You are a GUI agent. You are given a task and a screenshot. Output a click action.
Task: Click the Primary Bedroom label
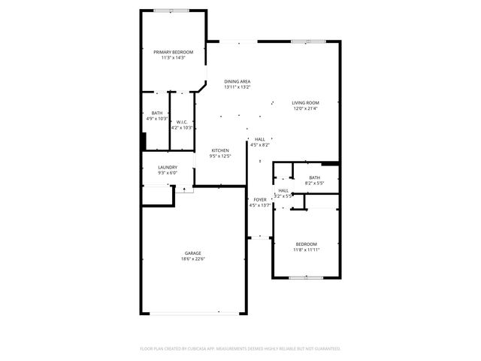tap(174, 52)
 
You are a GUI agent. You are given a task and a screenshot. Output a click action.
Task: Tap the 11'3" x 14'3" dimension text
tap(174, 58)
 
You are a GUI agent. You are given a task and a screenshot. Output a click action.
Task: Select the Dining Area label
tap(237, 81)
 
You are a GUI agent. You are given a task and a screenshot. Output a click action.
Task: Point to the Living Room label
tap(306, 102)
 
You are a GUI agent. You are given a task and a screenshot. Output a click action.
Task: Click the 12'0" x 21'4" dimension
tap(306, 108)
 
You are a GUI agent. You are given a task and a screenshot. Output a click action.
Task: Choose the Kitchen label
tap(219, 150)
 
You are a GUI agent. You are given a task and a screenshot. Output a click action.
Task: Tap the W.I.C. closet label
tap(182, 122)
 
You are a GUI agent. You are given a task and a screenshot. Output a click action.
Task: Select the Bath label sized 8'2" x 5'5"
tap(314, 177)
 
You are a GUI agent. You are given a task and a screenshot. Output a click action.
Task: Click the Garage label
tap(193, 253)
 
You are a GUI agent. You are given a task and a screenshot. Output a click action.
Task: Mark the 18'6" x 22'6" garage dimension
tap(193, 259)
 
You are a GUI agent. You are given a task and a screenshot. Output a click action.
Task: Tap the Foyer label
tap(259, 199)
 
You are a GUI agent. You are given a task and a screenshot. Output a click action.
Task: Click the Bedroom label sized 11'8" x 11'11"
tap(306, 244)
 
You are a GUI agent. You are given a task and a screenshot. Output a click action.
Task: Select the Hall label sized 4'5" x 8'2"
tap(259, 139)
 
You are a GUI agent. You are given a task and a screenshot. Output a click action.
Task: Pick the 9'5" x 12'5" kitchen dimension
tap(219, 156)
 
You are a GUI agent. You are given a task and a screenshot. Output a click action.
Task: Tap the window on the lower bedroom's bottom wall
tap(306, 278)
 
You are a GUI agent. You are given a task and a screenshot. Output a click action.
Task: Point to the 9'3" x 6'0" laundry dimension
tap(168, 173)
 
